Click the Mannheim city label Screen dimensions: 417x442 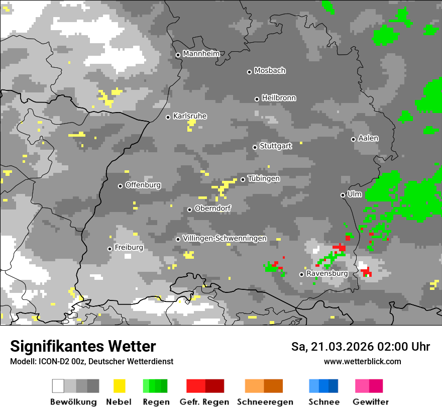[x=201, y=54]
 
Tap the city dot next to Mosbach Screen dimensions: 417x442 [x=249, y=72]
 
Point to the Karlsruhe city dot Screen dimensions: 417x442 [x=168, y=117]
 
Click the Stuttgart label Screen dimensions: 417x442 [x=276, y=146]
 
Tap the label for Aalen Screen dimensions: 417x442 [x=368, y=138]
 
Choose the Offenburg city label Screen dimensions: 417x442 [x=143, y=185]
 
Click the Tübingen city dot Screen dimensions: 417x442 [x=243, y=179]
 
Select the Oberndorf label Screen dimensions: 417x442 [x=213, y=208]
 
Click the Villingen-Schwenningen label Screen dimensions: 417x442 [x=225, y=238]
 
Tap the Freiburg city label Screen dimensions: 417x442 [x=129, y=248]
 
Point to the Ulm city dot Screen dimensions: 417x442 [x=343, y=195]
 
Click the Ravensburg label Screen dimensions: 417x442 [x=327, y=274]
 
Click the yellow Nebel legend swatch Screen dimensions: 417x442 [x=119, y=386]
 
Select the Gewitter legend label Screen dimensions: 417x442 [x=371, y=402]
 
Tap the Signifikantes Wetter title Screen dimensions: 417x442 [x=83, y=346]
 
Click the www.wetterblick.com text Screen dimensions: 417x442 [x=362, y=361]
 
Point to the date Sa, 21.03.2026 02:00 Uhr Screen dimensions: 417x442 [x=360, y=347]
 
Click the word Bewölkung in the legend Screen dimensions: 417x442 [x=73, y=402]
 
